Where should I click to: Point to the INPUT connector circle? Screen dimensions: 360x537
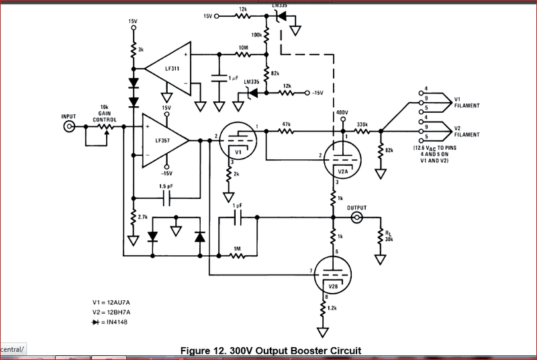(68, 126)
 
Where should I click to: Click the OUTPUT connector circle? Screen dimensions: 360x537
(357, 218)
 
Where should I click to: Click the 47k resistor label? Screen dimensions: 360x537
(287, 124)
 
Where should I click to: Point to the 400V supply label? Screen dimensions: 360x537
(342, 113)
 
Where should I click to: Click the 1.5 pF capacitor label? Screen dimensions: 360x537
(166, 186)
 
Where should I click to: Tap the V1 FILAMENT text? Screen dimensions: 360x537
(466, 101)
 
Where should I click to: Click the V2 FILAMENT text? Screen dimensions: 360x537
(466, 131)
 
